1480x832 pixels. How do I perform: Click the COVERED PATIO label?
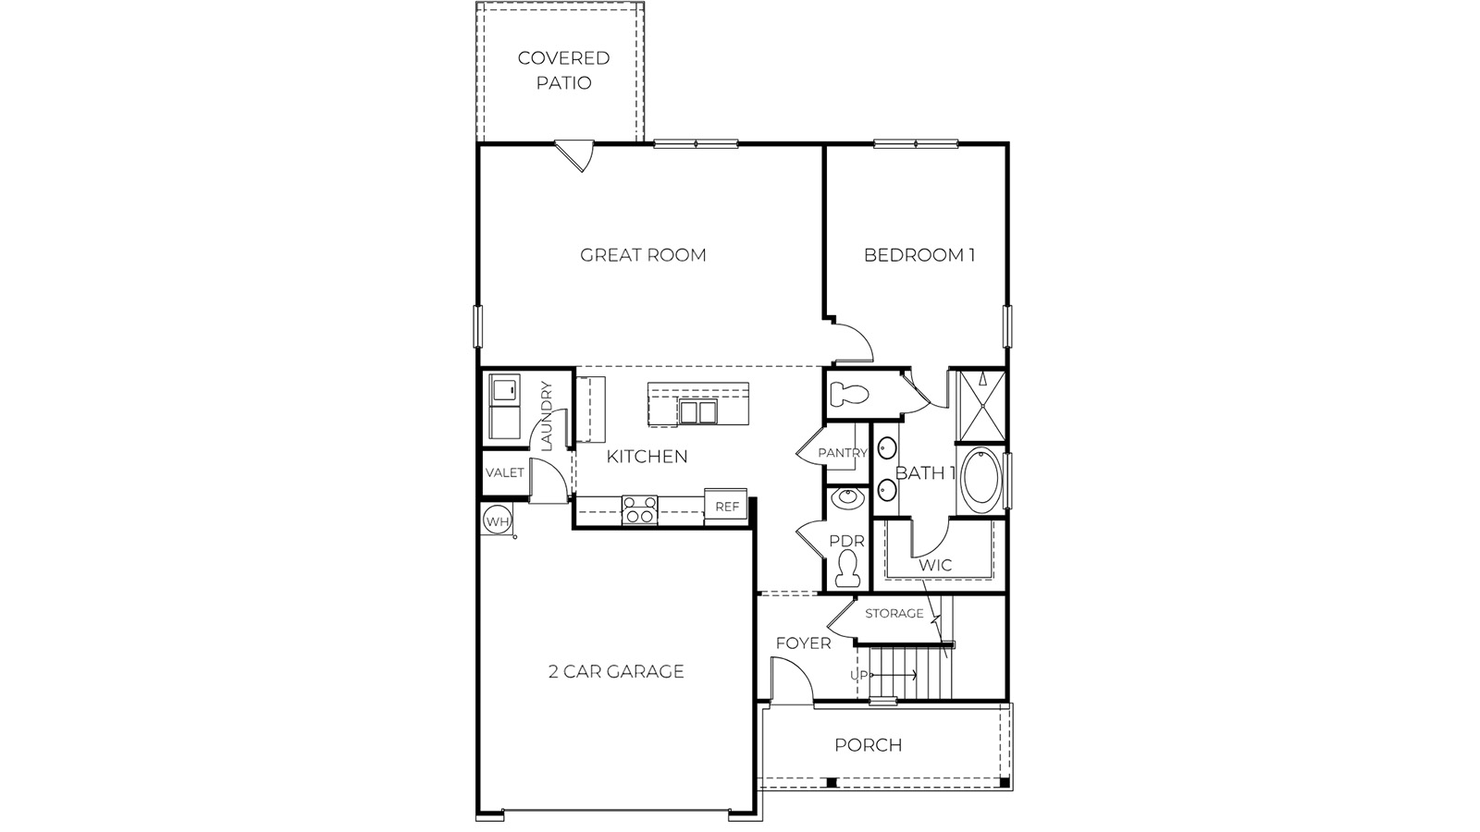click(x=563, y=70)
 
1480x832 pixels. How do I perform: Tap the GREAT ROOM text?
click(x=643, y=255)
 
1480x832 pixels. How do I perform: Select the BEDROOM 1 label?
click(x=919, y=255)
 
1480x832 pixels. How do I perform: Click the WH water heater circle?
click(x=498, y=521)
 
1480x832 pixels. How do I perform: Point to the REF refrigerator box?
click(x=727, y=507)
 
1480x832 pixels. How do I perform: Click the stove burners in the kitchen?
click(x=639, y=510)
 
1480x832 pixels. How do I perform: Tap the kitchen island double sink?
click(x=697, y=411)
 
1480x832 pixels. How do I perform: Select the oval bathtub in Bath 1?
click(x=981, y=480)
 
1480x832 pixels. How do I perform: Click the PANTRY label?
click(x=843, y=453)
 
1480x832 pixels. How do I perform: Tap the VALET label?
click(x=505, y=472)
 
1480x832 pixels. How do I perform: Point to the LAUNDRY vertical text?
click(x=546, y=416)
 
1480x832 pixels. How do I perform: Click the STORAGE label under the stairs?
click(x=894, y=613)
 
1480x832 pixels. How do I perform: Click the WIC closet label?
click(x=935, y=565)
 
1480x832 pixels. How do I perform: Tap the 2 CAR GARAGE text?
click(x=616, y=671)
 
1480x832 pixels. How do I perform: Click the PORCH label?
click(x=868, y=745)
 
